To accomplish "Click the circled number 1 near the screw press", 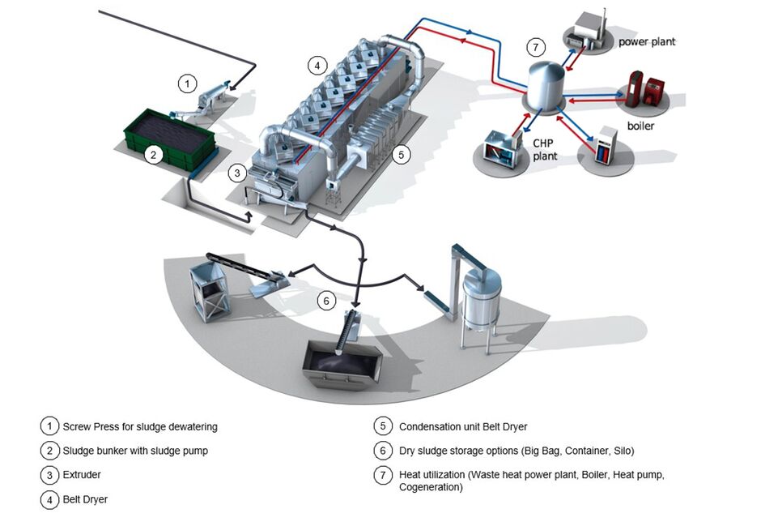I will (187, 83).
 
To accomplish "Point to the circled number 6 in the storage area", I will (325, 301).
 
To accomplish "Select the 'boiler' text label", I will (640, 126).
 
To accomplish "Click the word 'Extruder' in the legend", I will (82, 475).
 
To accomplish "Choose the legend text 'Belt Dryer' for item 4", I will (85, 499).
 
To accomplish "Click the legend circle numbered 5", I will (383, 426).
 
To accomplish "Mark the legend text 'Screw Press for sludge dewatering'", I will (140, 426).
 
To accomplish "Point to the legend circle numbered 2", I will (49, 451).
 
